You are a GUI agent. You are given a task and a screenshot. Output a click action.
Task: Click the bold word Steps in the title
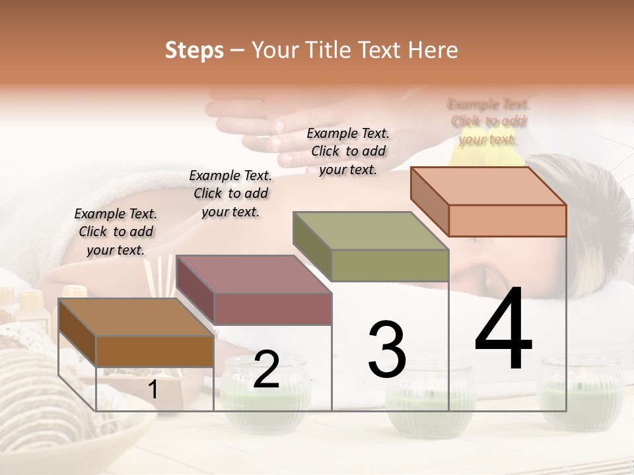coord(194,50)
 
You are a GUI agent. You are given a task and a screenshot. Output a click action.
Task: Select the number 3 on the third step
coord(387,349)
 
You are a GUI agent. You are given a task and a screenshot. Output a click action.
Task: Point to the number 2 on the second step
coord(266,369)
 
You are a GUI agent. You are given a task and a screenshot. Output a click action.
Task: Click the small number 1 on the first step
coord(153,390)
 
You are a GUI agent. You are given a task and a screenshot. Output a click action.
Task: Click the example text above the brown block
coord(116,232)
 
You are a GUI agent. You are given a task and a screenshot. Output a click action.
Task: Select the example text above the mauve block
coord(230,193)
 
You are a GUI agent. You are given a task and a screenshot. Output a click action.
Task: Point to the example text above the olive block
coord(348,151)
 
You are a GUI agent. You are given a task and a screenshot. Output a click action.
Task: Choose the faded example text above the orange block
coord(488,121)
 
